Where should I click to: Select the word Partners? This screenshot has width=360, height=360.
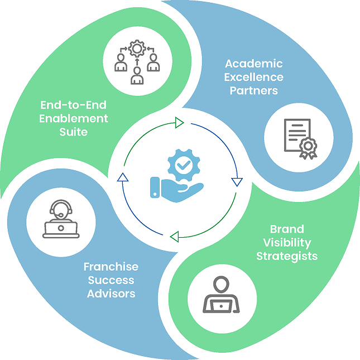(253, 90)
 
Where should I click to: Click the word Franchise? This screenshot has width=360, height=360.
(111, 266)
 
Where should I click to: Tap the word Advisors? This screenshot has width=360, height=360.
(111, 293)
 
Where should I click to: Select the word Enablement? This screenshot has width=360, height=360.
(74, 118)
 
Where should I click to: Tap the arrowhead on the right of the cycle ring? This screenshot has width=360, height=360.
(237, 181)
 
